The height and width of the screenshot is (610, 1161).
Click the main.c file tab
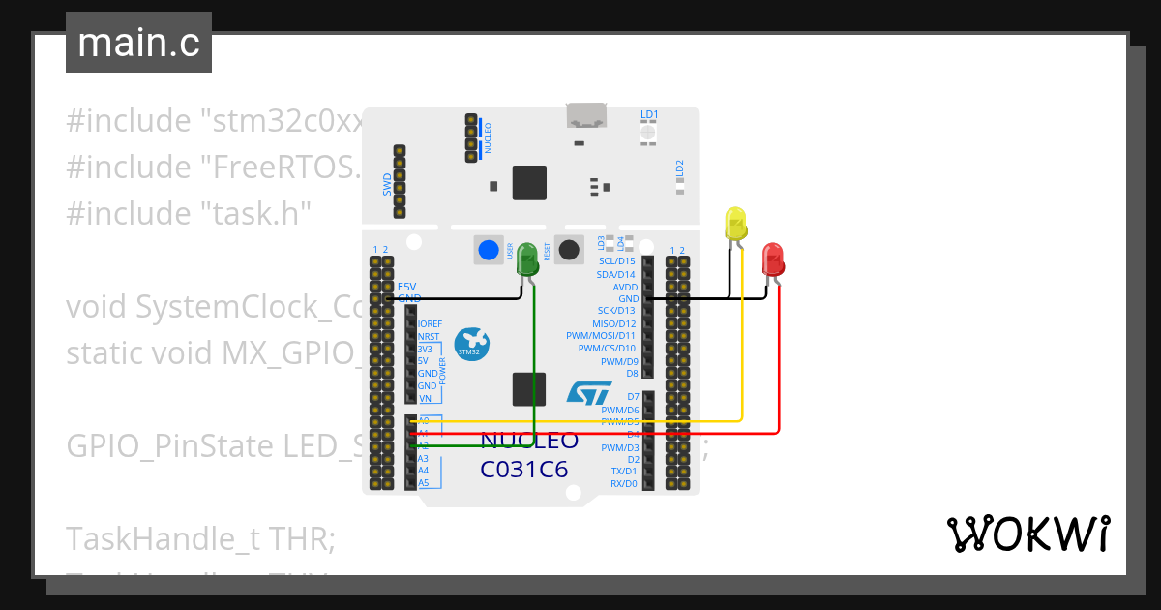[x=138, y=44]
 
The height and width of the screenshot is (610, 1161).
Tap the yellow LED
[x=735, y=225]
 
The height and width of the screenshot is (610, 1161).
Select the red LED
[x=773, y=259]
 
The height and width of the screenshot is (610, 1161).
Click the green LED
[x=527, y=259]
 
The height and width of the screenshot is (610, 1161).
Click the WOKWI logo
[x=1027, y=534]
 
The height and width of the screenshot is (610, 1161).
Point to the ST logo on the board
[x=588, y=393]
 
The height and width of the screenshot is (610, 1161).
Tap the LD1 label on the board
[x=649, y=114]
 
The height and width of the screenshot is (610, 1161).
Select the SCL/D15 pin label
[x=616, y=261]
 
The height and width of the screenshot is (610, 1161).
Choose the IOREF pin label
[x=430, y=324]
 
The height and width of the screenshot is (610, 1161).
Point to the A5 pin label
[x=424, y=482]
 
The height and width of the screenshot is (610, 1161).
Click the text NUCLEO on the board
[x=529, y=442]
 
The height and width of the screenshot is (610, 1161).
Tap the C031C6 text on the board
[x=523, y=470]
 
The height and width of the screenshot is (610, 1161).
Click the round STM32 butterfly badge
[x=471, y=345]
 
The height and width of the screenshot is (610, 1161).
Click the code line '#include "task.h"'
[x=189, y=213]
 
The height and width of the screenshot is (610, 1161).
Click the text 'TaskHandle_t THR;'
[x=200, y=538]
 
